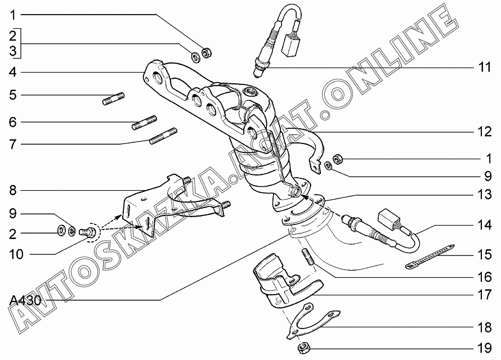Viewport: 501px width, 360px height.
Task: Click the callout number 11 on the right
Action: click(484, 67)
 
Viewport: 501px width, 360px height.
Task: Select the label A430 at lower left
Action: click(25, 300)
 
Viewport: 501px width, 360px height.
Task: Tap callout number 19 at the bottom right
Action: click(484, 348)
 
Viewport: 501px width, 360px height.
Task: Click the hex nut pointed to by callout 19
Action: click(303, 348)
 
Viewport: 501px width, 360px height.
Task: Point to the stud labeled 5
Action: click(113, 98)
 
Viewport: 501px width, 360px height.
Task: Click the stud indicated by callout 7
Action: click(163, 136)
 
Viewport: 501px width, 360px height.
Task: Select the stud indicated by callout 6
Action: click(145, 123)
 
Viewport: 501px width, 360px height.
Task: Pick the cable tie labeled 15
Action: click(430, 256)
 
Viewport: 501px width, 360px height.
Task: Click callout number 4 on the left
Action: click(12, 72)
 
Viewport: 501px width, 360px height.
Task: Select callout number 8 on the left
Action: click(12, 190)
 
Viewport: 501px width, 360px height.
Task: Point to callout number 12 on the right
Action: click(484, 132)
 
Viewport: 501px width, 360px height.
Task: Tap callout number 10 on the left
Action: click(16, 254)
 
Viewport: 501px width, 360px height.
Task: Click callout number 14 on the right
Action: click(484, 225)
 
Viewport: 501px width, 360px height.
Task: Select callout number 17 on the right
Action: click(484, 295)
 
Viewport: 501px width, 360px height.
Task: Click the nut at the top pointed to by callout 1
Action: click(207, 53)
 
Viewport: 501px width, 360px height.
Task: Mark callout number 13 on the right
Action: click(484, 194)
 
